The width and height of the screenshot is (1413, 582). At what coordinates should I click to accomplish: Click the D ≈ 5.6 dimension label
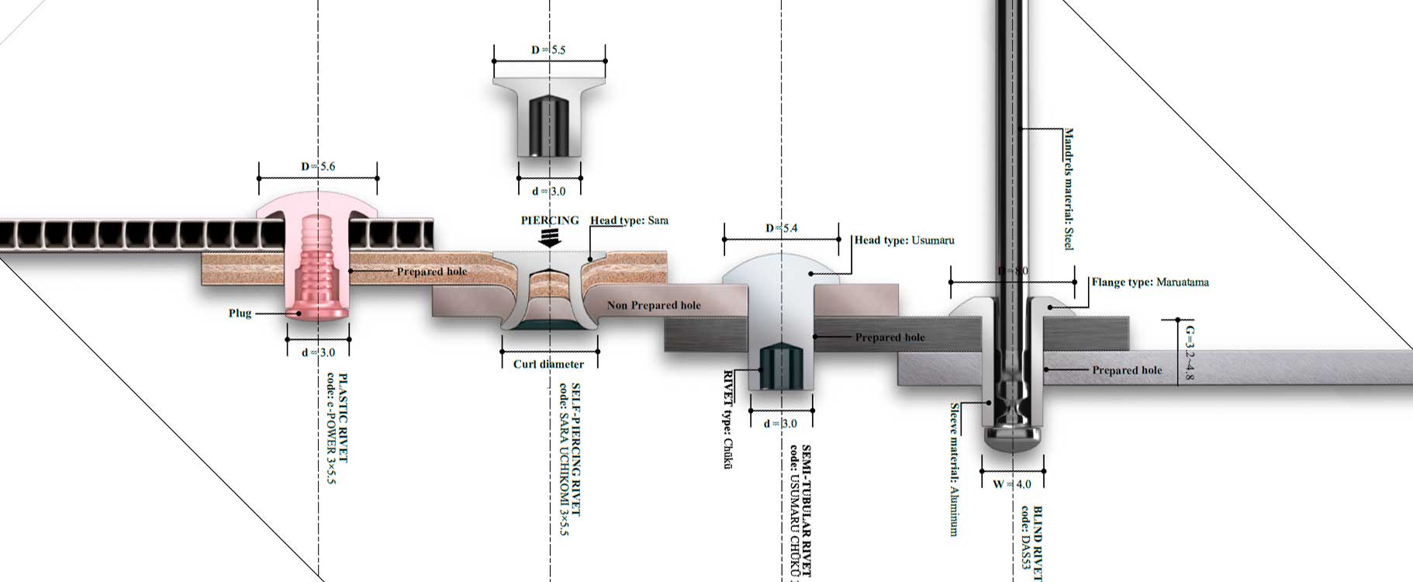[x=318, y=166]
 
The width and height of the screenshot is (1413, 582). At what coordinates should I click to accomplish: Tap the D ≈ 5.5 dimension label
[x=548, y=50]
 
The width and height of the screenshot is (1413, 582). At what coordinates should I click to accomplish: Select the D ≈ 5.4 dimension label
[x=781, y=228]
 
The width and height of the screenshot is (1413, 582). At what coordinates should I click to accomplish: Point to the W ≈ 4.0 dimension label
[x=1012, y=484]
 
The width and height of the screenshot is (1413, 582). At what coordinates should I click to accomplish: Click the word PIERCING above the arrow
[x=550, y=220]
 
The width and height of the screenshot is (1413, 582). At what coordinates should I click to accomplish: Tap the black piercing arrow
[x=550, y=238]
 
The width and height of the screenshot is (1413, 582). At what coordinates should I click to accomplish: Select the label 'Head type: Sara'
[x=629, y=220]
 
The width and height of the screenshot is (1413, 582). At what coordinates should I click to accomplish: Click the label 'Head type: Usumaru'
[x=904, y=241]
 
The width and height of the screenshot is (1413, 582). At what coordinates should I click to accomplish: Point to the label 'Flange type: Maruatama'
[x=1150, y=282]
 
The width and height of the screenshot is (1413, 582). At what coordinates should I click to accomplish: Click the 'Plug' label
[x=240, y=314]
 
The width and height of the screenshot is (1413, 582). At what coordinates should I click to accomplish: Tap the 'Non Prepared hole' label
[x=654, y=306]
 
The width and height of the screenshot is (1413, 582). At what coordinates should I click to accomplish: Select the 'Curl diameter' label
[x=548, y=364]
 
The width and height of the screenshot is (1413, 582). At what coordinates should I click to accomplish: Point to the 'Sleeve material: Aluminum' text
[x=955, y=469]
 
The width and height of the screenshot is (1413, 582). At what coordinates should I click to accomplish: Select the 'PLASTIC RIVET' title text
[x=344, y=418]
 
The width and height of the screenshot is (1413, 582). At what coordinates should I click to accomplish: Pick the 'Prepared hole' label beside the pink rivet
[x=432, y=272]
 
